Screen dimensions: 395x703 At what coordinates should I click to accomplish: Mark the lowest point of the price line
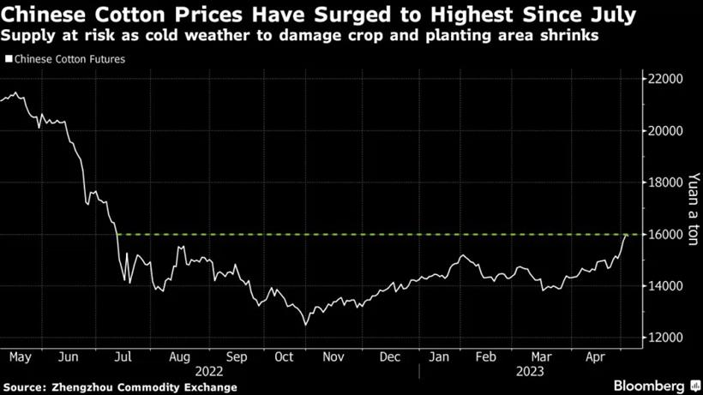[304, 325]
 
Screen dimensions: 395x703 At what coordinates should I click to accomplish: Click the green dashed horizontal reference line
[369, 235]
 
